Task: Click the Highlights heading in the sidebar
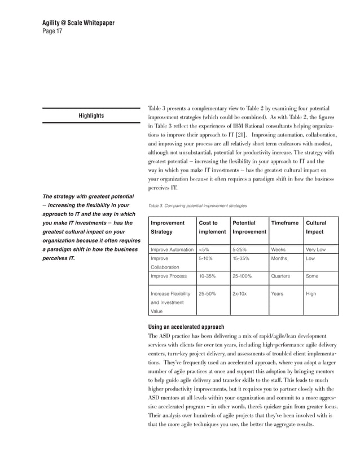90,116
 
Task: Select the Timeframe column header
284,223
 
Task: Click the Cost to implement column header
208,227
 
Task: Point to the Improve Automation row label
172,249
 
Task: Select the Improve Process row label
169,276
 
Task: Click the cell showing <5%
205,249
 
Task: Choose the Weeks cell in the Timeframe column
278,249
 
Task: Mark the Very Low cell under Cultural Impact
316,249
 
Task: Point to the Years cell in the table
278,293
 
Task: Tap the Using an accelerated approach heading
186,327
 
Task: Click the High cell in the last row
311,293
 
